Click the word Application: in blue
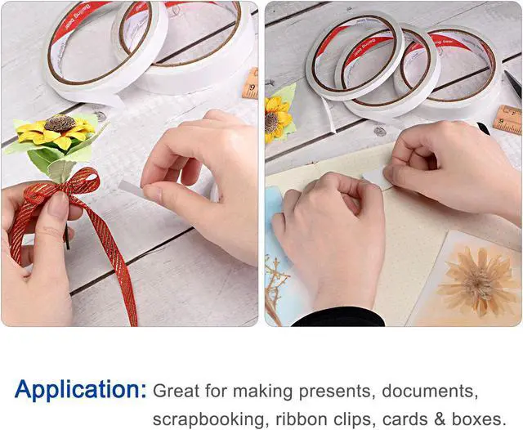(80, 389)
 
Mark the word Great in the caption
(175, 390)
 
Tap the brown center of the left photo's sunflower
(58, 123)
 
